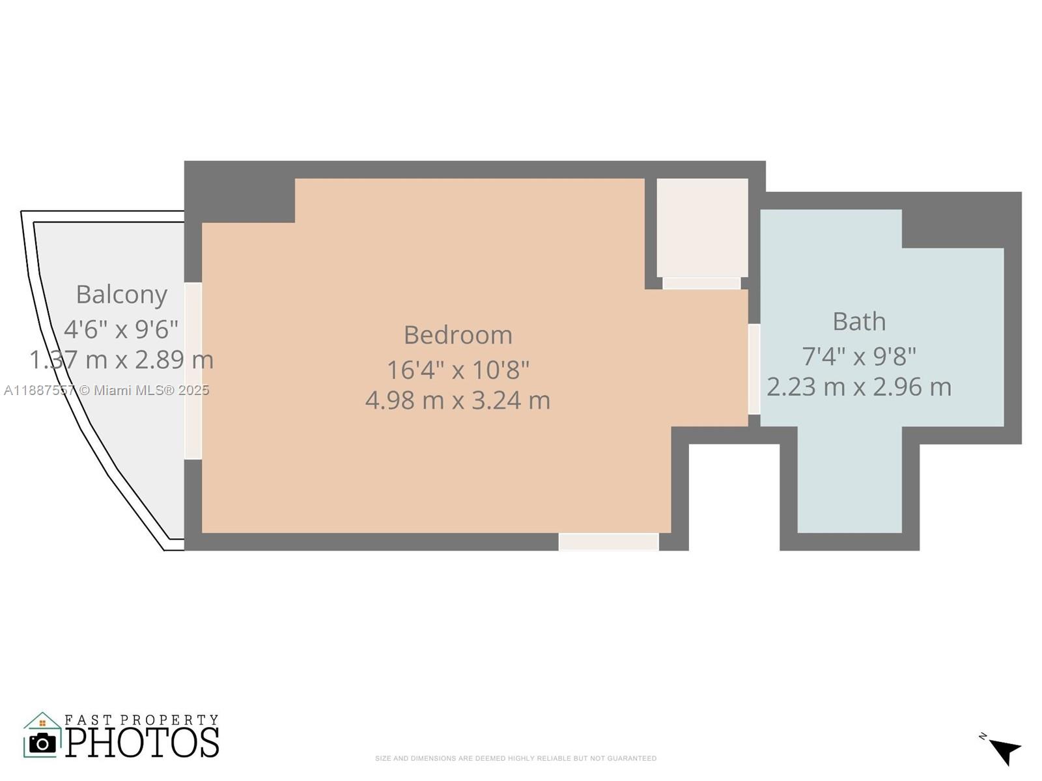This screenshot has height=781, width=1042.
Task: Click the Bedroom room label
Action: click(458, 335)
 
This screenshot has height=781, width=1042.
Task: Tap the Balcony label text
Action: click(122, 294)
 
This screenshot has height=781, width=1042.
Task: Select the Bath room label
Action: click(859, 322)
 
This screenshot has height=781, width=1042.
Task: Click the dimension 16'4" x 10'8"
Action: click(458, 370)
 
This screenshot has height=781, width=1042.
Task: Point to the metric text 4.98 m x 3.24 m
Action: click(458, 400)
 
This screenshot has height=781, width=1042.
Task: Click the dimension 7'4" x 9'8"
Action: click(859, 357)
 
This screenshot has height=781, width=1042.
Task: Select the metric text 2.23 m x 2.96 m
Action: click(859, 387)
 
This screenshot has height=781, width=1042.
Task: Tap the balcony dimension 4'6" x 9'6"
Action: click(121, 329)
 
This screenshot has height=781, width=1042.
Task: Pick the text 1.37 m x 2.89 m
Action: click(121, 360)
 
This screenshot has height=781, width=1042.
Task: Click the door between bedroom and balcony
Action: click(193, 371)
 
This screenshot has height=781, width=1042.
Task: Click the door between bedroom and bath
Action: click(753, 369)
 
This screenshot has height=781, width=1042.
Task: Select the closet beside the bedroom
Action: click(702, 228)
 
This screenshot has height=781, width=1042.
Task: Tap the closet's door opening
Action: click(701, 283)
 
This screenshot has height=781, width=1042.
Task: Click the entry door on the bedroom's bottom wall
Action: click(608, 541)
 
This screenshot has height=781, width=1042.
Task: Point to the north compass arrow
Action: click(1005, 750)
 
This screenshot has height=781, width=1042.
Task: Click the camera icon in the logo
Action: click(43, 743)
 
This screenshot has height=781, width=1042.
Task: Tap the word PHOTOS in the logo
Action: click(142, 743)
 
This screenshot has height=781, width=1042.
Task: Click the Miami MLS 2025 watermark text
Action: click(106, 390)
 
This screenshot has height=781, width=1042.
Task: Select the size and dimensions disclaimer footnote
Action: click(515, 758)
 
